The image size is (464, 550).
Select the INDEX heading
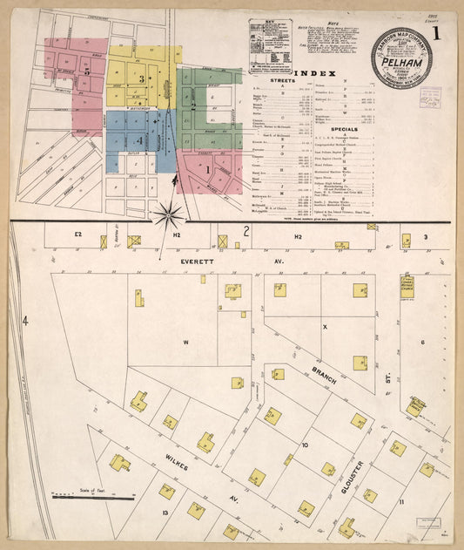click(312, 73)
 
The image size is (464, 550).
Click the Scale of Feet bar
click(92, 498)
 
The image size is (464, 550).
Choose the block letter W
click(185, 343)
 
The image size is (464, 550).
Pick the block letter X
click(324, 327)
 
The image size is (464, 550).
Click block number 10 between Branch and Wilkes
click(305, 445)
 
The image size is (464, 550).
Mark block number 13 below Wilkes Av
click(165, 513)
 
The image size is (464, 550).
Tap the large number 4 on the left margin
click(25, 322)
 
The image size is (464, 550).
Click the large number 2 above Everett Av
click(246, 232)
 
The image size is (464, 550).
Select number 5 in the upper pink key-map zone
click(86, 70)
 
